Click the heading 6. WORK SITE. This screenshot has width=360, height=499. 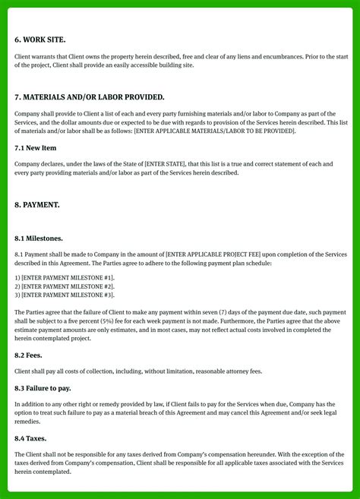[39, 39]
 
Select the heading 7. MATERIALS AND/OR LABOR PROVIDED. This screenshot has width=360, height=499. [89, 97]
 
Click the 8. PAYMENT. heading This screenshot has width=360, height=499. [37, 205]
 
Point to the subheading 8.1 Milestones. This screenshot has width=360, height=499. [39, 238]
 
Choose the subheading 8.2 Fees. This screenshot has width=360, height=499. [28, 355]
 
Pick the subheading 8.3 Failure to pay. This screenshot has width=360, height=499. [43, 388]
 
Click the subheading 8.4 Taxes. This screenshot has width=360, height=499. [30, 438]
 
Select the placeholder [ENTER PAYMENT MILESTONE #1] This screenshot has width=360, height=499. [68, 278]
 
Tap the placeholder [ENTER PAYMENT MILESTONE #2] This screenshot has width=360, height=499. [68, 286]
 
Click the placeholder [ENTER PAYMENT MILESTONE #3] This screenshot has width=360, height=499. [68, 295]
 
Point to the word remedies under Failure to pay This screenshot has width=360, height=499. [28, 421]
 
